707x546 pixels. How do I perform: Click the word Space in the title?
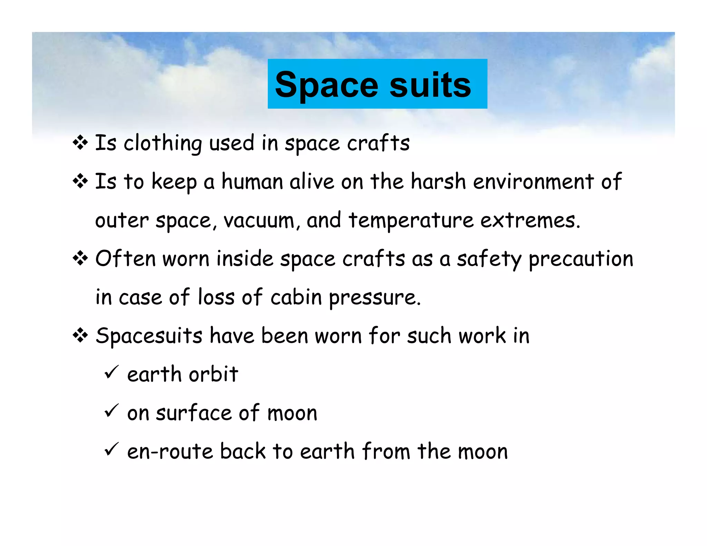[327, 85]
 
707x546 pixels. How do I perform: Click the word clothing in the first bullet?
[163, 143]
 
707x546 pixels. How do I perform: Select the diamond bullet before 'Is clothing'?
[80, 142]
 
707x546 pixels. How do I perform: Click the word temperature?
[411, 221]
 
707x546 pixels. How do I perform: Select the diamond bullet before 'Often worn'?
[80, 258]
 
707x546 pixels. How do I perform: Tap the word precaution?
[581, 259]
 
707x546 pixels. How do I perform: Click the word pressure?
[374, 298]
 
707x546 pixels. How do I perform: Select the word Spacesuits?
[149, 336]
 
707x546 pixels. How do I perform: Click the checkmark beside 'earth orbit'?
[111, 372]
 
